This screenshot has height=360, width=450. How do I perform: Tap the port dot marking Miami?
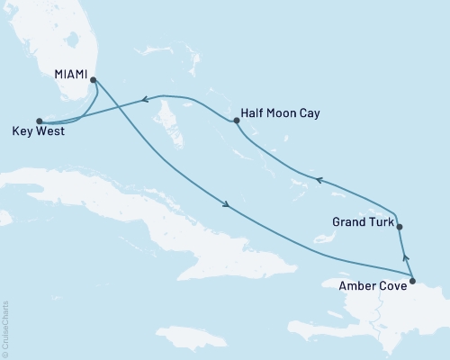coord(93,78)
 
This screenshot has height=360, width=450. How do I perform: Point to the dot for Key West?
coord(39,120)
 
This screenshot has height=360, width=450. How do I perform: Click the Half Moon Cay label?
coord(281,114)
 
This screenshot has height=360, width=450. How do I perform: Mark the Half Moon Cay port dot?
coord(234,120)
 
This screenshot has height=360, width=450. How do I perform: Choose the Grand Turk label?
coord(362,220)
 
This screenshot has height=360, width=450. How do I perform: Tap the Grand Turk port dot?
coord(400,228)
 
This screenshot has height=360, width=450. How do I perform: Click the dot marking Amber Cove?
coord(412,282)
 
